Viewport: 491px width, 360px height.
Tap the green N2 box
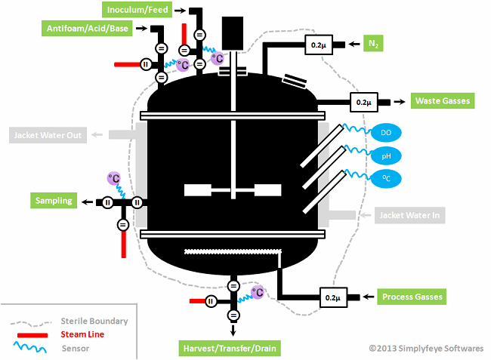coord(373,44)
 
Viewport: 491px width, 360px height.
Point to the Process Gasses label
coord(409,297)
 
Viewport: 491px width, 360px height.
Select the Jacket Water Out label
coord(46,136)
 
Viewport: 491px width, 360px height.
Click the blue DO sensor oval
coord(386,133)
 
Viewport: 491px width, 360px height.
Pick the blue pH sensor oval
coord(386,155)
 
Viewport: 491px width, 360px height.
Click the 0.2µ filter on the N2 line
coord(319,45)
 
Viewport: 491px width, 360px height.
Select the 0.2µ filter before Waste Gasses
coord(363,101)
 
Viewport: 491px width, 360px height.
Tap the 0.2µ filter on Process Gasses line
coord(334,298)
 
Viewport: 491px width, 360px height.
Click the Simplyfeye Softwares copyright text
coord(427,349)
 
